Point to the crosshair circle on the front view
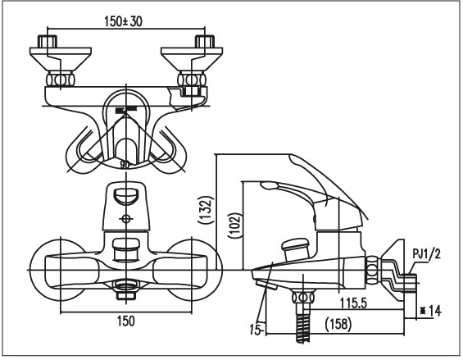[x=125, y=219]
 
